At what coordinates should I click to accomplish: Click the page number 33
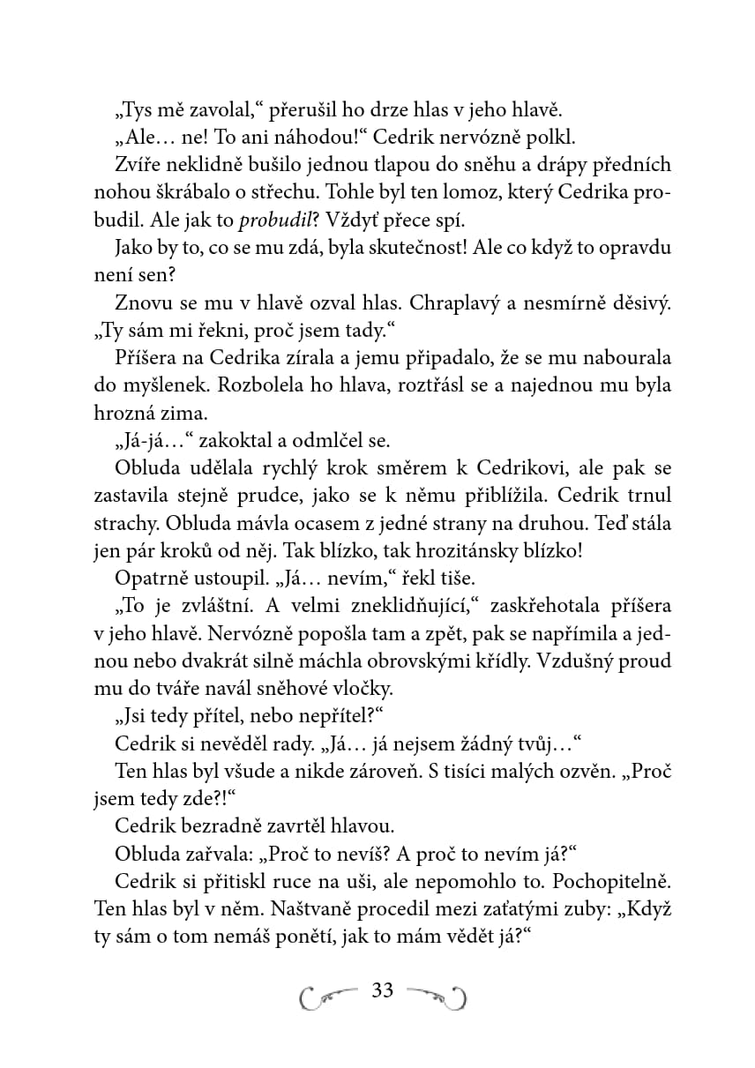point(383,990)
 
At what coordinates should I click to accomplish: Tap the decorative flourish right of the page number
point(437,994)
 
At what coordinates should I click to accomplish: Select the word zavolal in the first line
point(199,110)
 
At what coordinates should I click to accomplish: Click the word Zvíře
point(135,165)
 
